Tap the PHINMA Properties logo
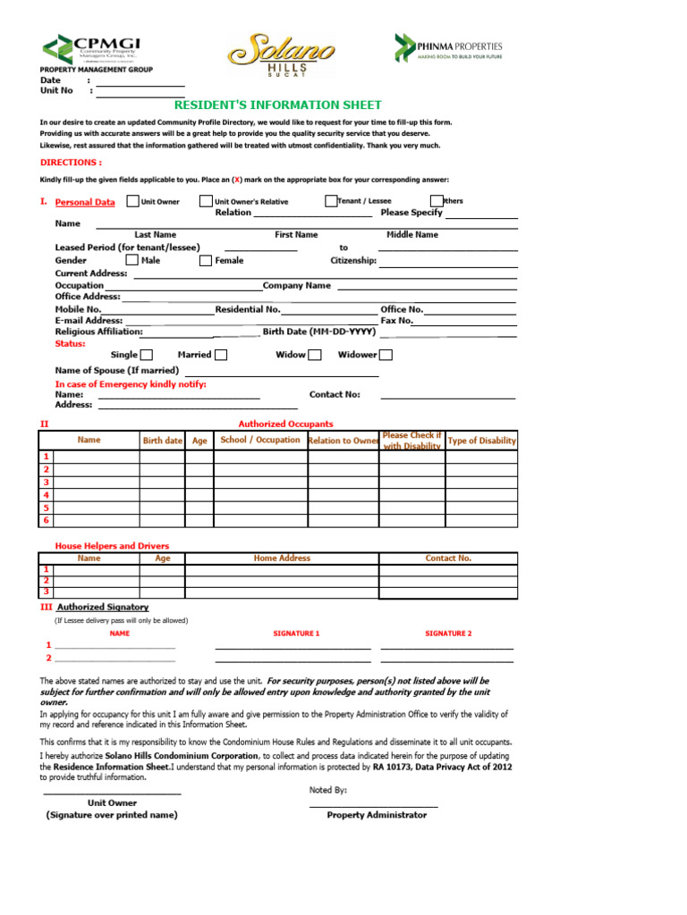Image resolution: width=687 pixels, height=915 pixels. (450, 47)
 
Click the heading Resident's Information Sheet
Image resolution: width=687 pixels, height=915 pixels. (277, 105)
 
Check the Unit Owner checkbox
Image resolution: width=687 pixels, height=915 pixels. (133, 201)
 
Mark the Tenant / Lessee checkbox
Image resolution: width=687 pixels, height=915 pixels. (331, 201)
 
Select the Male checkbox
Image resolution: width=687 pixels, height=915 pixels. (131, 260)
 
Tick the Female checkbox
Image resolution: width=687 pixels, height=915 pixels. (205, 260)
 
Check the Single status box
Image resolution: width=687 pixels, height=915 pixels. (147, 355)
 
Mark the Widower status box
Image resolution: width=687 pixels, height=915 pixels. (386, 355)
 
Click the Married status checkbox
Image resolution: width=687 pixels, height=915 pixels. (221, 355)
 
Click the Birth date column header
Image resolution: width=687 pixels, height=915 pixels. (162, 441)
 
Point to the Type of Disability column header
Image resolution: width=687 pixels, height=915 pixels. (481, 441)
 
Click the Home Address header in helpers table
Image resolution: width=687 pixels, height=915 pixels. (282, 558)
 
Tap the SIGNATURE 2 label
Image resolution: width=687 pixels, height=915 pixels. (447, 633)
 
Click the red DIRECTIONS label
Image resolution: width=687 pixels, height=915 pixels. (72, 163)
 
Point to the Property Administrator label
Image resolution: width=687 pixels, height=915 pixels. (377, 815)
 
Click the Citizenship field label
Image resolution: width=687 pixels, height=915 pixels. (353, 261)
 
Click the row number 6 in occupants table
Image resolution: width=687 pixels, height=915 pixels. (47, 520)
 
